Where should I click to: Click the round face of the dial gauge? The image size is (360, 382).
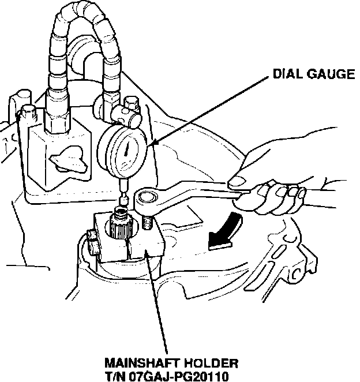126,153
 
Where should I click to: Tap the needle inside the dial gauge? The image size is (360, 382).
125,153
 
